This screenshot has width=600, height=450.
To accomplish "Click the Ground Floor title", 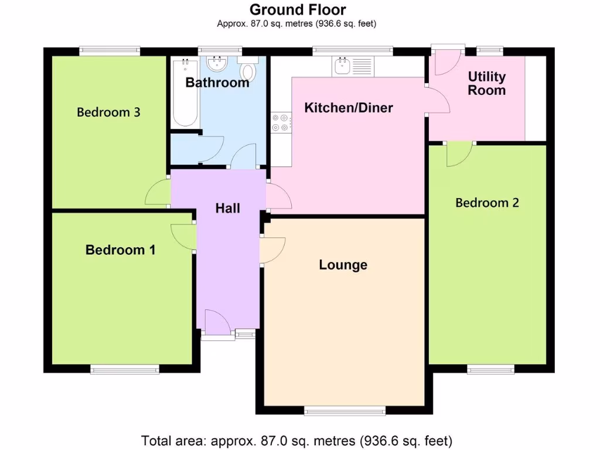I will pyautogui.click(x=297, y=10).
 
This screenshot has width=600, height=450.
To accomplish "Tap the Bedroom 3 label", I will pyautogui.click(x=108, y=112).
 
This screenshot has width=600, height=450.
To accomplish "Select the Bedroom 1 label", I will pyautogui.click(x=120, y=250).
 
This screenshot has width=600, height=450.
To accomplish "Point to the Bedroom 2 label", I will pyautogui.click(x=487, y=203).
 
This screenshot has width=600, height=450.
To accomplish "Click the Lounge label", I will pyautogui.click(x=343, y=265).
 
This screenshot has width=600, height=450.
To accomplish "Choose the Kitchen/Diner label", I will pyautogui.click(x=348, y=108).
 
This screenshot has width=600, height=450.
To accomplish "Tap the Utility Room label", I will pyautogui.click(x=486, y=83).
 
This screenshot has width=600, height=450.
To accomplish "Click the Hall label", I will pyautogui.click(x=227, y=208).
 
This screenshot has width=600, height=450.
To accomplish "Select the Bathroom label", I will pyautogui.click(x=217, y=83).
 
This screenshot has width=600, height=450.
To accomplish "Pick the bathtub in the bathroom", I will pyautogui.click(x=185, y=92).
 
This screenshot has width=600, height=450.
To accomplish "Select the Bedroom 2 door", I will pyautogui.click(x=458, y=154).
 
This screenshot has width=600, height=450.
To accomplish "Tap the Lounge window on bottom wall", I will pyautogui.click(x=345, y=410).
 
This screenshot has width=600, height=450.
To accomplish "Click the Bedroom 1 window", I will pyautogui.click(x=125, y=369).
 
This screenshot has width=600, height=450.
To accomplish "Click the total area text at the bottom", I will pyautogui.click(x=297, y=440).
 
